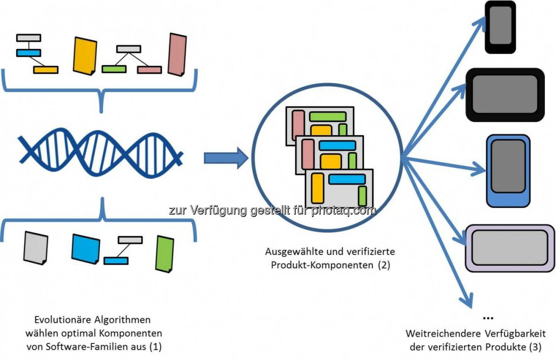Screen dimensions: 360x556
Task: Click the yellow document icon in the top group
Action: tap(85, 56)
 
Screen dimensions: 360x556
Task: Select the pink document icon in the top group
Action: tap(178, 54)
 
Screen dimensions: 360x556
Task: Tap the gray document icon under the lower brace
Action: tap(36, 248)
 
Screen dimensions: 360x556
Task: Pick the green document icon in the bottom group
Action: tap(164, 253)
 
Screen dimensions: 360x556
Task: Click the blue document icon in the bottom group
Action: tap(86, 249)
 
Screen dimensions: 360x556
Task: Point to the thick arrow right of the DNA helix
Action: tap(225, 158)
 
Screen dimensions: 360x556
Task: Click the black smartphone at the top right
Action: tap(500, 27)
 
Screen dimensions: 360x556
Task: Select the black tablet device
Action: tap(505, 95)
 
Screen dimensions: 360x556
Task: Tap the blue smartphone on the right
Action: tap(508, 170)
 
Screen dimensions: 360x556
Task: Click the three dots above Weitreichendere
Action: tap(488, 318)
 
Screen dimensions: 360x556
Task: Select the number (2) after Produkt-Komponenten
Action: tap(384, 265)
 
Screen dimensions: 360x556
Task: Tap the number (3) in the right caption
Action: tap(535, 347)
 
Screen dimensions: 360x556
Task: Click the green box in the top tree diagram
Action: tap(114, 69)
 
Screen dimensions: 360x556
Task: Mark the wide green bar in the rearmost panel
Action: tap(327, 116)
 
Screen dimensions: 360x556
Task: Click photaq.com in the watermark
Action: tap(344, 210)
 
